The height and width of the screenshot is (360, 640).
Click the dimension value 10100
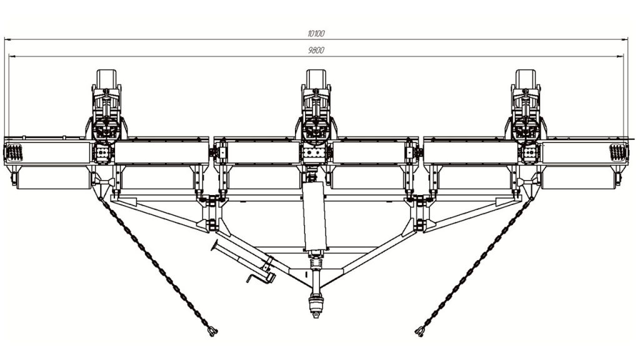(x=316, y=34)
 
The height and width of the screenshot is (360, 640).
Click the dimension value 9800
(x=316, y=50)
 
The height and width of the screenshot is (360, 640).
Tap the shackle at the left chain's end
(x=212, y=331)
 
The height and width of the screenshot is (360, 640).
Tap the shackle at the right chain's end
(x=419, y=331)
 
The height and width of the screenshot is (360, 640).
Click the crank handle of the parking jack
(x=254, y=278)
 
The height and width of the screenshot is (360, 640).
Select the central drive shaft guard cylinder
(x=315, y=216)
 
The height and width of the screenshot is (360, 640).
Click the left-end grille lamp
(x=14, y=152)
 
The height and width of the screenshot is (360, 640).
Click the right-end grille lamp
(x=617, y=152)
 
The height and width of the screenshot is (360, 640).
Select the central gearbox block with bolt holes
(x=315, y=154)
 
